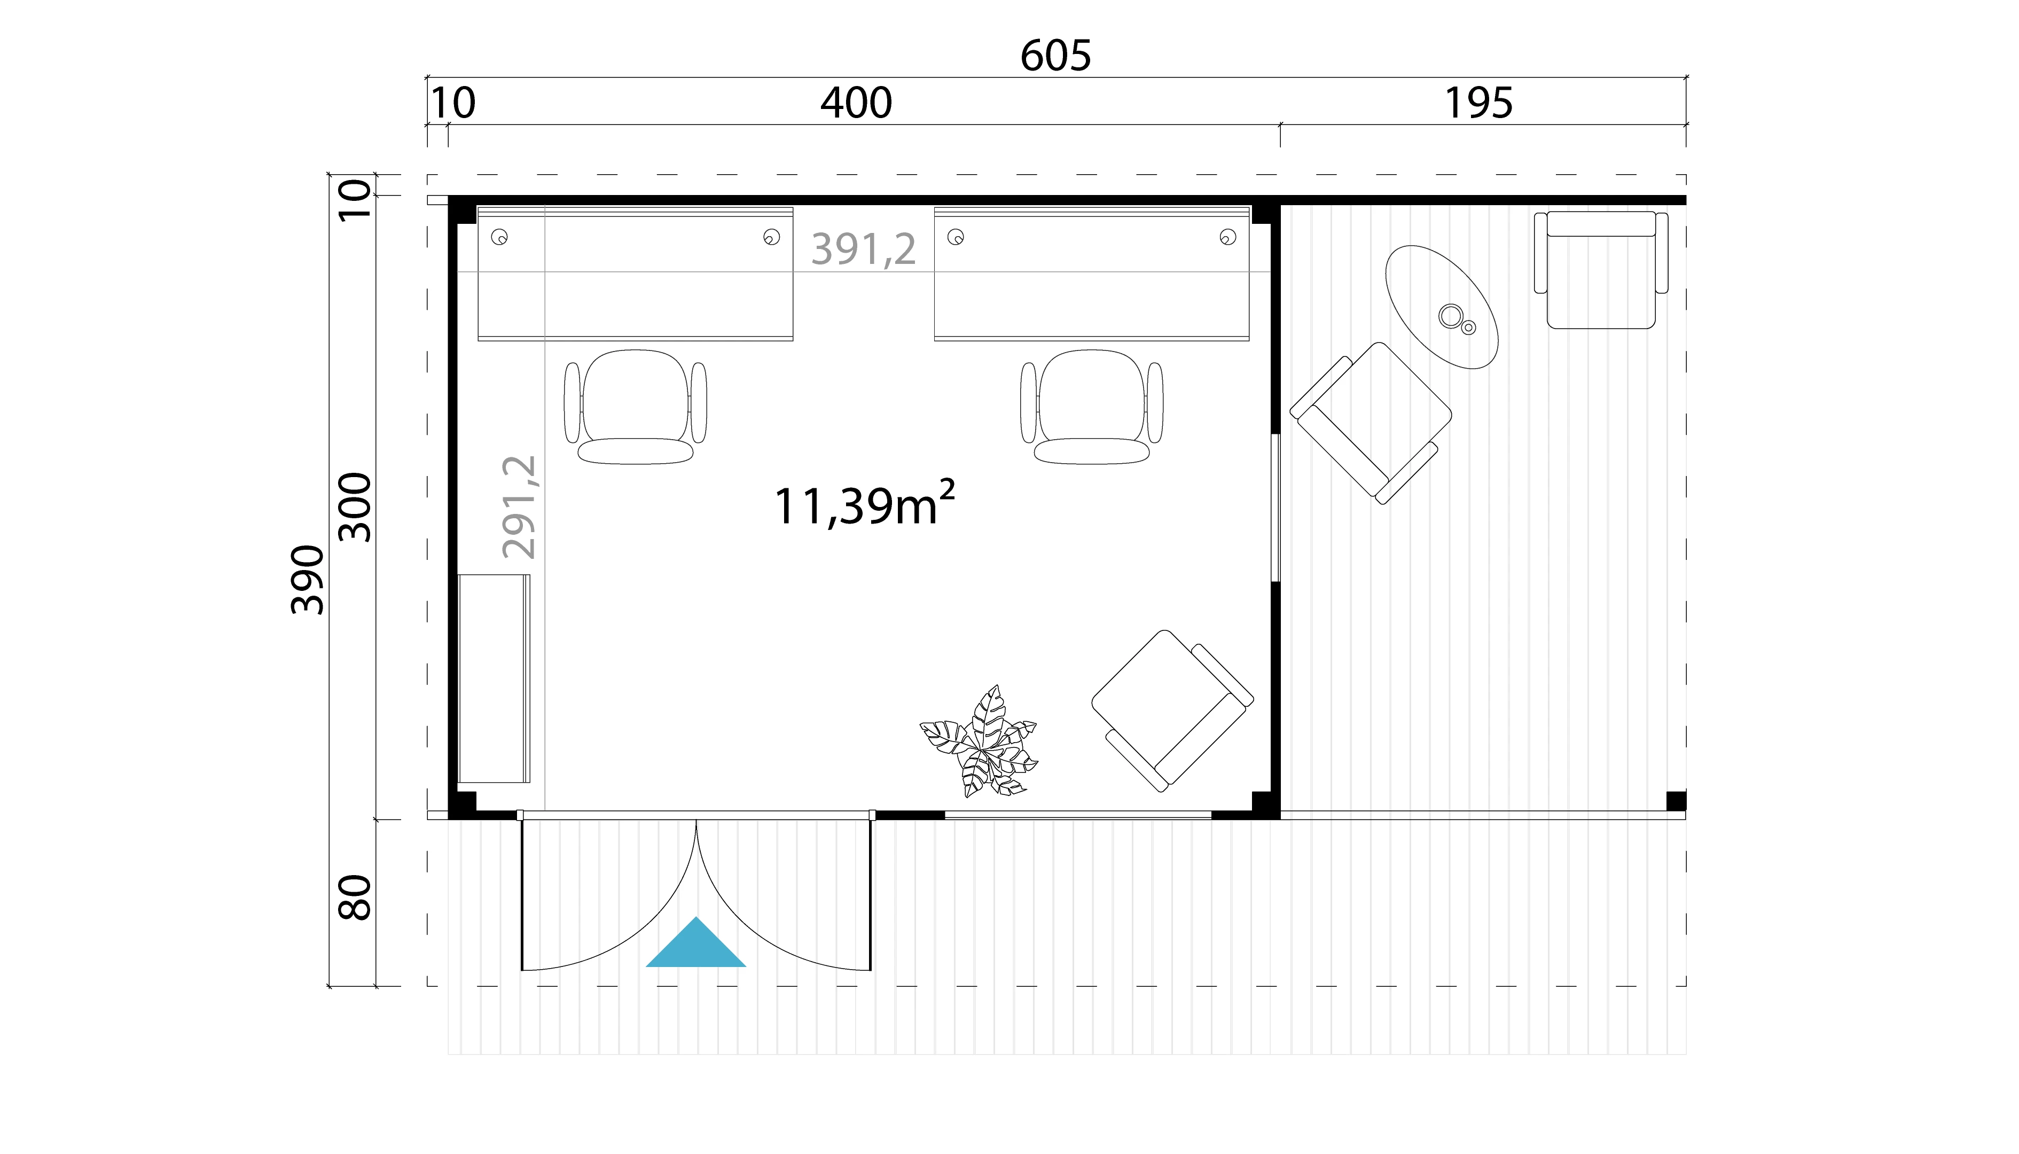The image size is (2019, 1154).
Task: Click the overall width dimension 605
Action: [x=1055, y=56]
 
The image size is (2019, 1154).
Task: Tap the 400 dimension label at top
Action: [x=856, y=103]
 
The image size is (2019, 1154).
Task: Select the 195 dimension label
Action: [x=1478, y=103]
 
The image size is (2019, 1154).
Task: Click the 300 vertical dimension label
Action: [x=355, y=507]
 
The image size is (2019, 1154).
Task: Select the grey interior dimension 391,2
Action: [x=864, y=249]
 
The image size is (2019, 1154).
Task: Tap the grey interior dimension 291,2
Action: [x=520, y=507]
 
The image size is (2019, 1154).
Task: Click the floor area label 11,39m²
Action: [x=864, y=505]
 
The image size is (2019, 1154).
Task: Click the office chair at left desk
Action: [x=636, y=406]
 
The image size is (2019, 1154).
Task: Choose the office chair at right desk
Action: [x=1092, y=406]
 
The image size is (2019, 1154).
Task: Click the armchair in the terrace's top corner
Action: [x=1601, y=269]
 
